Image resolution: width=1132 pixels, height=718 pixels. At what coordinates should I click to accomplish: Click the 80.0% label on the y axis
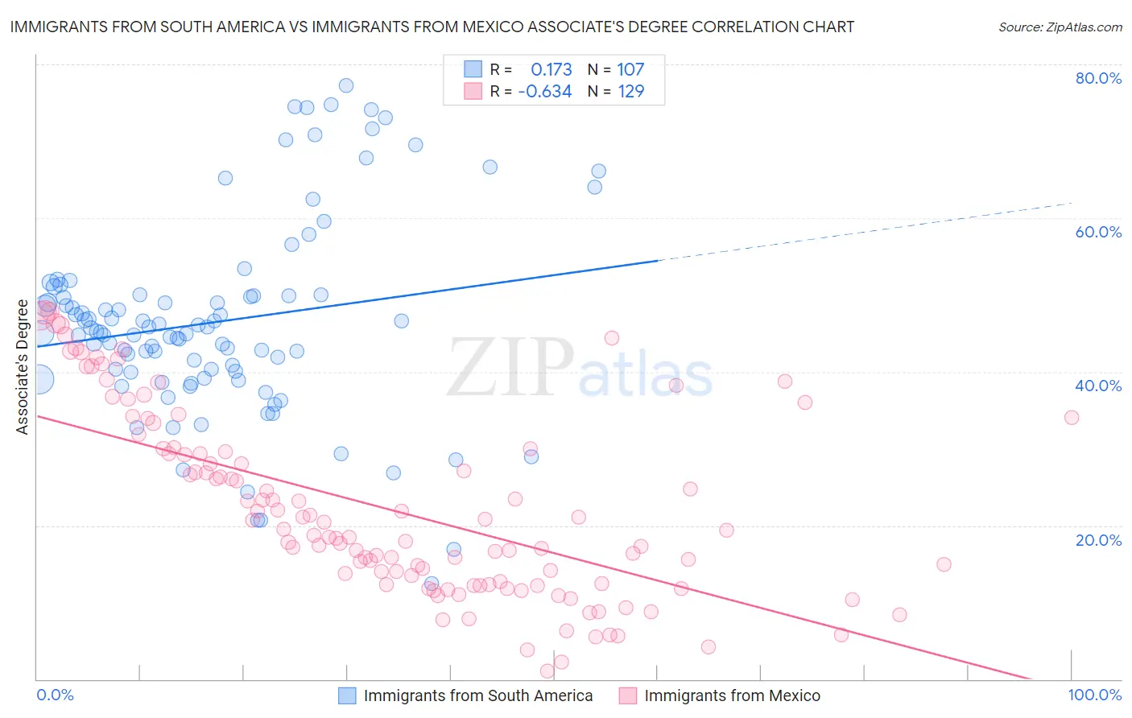click(x=1098, y=78)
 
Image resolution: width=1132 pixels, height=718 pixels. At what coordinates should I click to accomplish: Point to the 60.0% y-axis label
click(x=1098, y=232)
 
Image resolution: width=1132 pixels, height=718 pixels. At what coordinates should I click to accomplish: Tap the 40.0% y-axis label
click(x=1098, y=386)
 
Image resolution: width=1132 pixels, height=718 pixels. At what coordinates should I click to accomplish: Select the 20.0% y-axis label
click(x=1098, y=539)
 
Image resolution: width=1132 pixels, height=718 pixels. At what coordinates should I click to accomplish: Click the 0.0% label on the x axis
click(x=55, y=695)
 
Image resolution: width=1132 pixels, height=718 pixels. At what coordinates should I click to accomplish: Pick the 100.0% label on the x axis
click(x=1094, y=695)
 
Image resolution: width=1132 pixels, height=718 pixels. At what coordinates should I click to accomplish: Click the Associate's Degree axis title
click(x=23, y=366)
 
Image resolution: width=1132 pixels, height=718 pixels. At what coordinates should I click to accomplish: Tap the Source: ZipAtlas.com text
click(x=1060, y=27)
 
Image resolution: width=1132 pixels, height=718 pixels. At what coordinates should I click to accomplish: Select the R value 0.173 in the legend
click(x=551, y=70)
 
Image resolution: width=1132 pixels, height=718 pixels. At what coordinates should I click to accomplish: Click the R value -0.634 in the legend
click(x=545, y=92)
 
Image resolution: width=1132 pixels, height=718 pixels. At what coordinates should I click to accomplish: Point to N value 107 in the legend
click(x=630, y=70)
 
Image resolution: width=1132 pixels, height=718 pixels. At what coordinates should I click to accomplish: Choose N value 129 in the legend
click(x=630, y=92)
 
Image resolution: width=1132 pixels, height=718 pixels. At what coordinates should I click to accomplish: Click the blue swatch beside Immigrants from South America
click(x=347, y=695)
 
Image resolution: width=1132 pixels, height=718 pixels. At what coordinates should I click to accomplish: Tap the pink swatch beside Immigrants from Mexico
click(x=628, y=695)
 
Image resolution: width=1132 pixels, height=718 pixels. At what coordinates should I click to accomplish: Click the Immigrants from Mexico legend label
click(x=732, y=695)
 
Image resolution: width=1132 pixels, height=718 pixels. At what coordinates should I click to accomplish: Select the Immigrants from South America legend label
click(x=478, y=695)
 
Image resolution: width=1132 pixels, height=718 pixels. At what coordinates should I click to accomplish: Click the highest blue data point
click(x=346, y=85)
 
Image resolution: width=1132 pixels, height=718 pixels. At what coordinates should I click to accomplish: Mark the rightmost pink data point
click(x=1072, y=417)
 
